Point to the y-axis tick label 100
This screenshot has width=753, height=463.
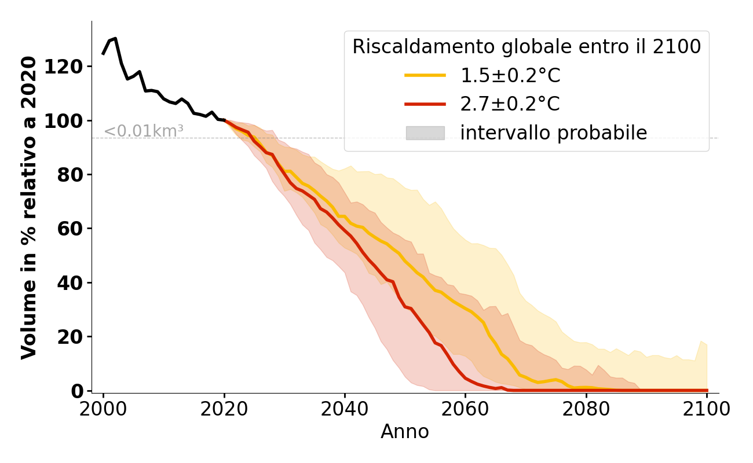pyautogui.click(x=65, y=121)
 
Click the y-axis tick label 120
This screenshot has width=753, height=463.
pyautogui.click(x=65, y=67)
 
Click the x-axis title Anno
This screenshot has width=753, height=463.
pyautogui.click(x=405, y=432)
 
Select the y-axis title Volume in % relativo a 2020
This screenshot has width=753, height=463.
pyautogui.click(x=29, y=207)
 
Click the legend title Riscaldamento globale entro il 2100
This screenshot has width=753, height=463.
pyautogui.click(x=527, y=47)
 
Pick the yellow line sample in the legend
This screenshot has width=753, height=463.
pyautogui.click(x=425, y=75)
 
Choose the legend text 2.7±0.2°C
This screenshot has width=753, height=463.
pyautogui.click(x=510, y=104)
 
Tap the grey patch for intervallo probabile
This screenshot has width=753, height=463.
pyautogui.click(x=425, y=133)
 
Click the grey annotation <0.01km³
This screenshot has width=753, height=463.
pyautogui.click(x=144, y=131)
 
